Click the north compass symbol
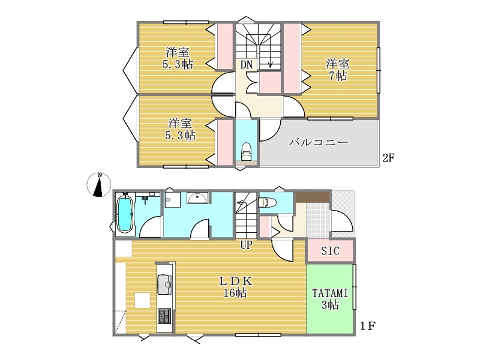point(98,185)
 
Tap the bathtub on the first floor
point(125,214)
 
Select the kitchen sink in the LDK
point(164,284)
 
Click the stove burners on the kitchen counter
point(164,316)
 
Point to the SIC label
point(330,251)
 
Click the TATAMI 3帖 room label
point(330,299)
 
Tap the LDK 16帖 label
point(235,287)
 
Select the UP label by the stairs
point(246,245)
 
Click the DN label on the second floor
point(247,65)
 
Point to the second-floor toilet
point(246,151)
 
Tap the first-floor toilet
point(267,203)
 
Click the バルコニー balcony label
point(318,142)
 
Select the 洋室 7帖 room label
point(338,70)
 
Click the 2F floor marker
point(388,158)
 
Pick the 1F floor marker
point(367,326)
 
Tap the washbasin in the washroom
point(197,198)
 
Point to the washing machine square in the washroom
point(172,200)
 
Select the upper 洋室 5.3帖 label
point(178,58)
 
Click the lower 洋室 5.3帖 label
point(181,129)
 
